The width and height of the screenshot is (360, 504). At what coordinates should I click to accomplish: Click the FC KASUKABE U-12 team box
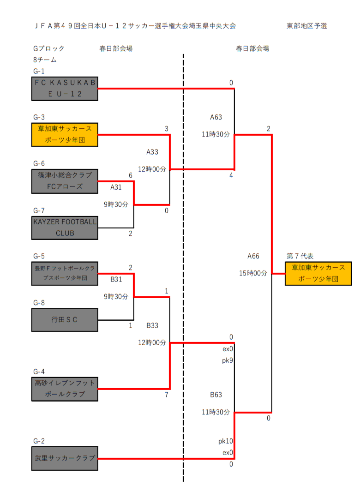(65, 89)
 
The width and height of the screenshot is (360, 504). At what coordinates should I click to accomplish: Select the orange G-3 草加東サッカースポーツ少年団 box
(65, 134)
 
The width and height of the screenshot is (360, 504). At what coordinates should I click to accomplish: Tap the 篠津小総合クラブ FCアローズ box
(65, 181)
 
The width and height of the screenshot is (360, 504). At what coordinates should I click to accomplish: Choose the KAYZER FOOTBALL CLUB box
(65, 228)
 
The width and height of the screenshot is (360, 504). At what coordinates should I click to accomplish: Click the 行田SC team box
(65, 319)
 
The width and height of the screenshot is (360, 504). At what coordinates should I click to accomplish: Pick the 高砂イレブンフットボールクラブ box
(65, 389)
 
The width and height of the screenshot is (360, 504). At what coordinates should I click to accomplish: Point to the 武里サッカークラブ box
(65, 458)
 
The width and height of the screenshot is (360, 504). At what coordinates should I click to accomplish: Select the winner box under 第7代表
(318, 273)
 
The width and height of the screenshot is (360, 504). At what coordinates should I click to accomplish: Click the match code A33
(152, 152)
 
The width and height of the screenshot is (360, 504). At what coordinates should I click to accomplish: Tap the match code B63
(216, 395)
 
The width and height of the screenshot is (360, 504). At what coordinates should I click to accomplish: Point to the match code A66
(253, 256)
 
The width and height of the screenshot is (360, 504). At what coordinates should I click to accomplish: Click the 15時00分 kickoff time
(253, 273)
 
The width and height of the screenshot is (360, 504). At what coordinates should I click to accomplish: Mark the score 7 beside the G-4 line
(167, 395)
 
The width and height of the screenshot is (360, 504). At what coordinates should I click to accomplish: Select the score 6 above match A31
(131, 175)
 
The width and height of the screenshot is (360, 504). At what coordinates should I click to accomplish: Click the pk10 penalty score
(226, 441)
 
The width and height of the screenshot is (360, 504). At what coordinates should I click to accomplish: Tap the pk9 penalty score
(227, 360)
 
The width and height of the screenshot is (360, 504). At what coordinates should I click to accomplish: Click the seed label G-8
(39, 303)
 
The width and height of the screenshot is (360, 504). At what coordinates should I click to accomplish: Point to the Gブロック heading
(49, 48)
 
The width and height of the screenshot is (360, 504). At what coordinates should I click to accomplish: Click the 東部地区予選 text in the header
(307, 26)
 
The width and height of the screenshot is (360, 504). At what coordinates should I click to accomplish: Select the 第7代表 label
(300, 256)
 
